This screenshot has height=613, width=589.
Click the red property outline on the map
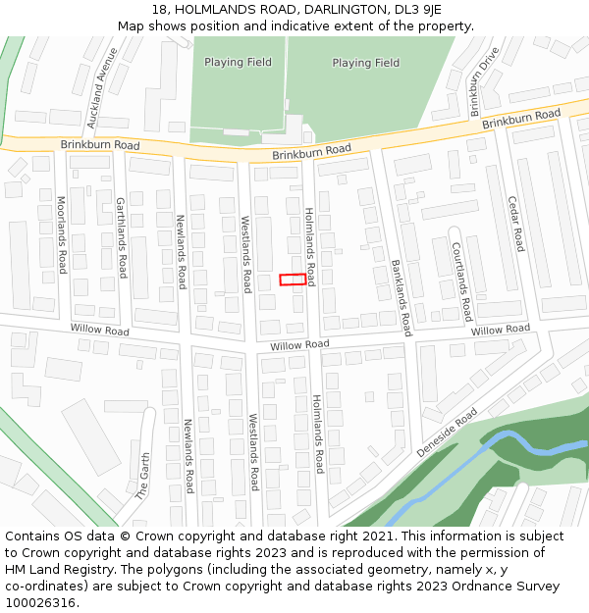click(x=292, y=280)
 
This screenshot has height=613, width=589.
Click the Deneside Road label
click(x=447, y=432)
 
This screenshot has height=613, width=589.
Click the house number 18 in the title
click(x=161, y=9)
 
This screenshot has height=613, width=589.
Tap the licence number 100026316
click(x=41, y=603)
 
